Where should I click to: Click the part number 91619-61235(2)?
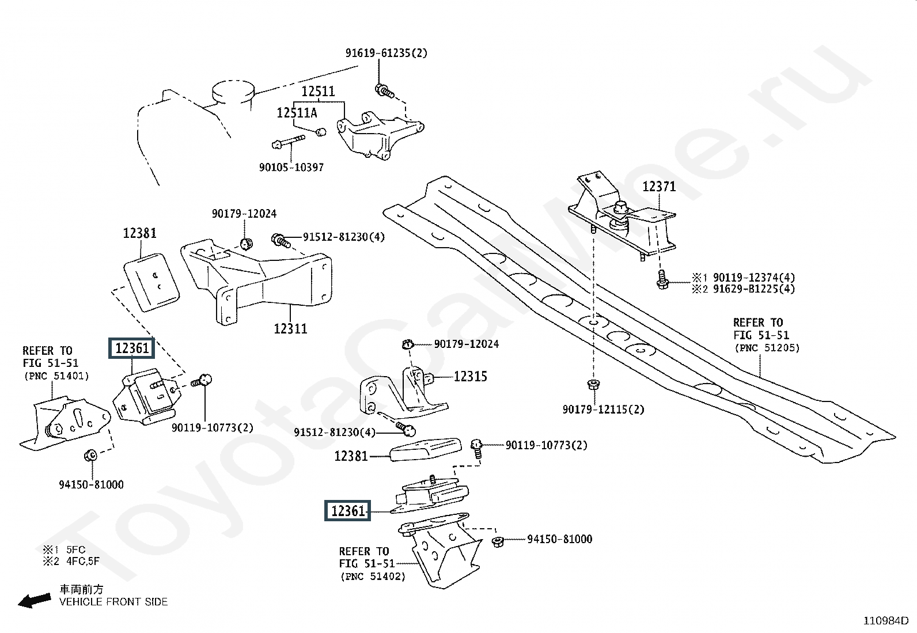click(386, 53)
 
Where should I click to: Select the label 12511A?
click(297, 112)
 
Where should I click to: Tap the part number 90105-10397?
click(291, 167)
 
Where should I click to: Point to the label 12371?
click(659, 187)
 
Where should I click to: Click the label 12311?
click(290, 328)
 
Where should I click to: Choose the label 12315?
click(471, 376)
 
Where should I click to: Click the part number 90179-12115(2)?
click(603, 409)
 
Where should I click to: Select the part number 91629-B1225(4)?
click(753, 289)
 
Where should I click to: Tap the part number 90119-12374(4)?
click(753, 277)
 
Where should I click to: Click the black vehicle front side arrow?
click(35, 601)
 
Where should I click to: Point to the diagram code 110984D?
click(885, 621)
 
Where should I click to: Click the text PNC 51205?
click(767, 348)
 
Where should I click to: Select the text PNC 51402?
click(373, 577)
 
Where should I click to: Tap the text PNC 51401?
click(56, 376)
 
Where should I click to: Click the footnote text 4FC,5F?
click(83, 561)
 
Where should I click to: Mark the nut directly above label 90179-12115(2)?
click(594, 385)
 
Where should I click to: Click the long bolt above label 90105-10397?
click(288, 141)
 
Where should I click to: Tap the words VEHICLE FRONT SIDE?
click(113, 601)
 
